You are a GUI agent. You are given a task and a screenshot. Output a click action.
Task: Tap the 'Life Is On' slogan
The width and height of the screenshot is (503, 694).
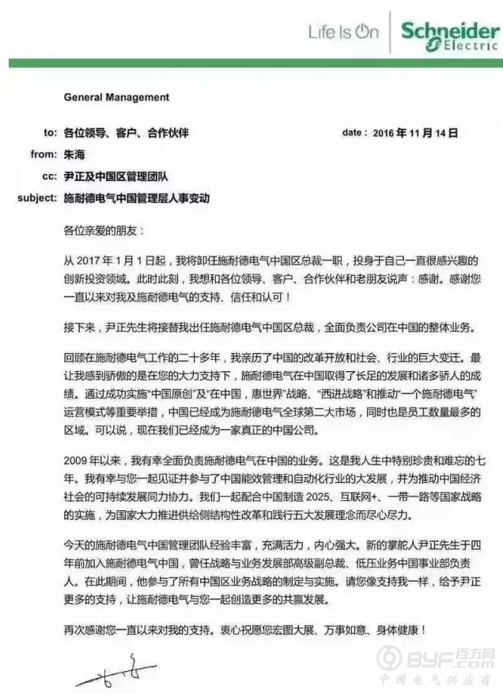[x=343, y=32]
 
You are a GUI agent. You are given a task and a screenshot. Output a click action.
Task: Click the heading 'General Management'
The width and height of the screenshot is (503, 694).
[x=116, y=97]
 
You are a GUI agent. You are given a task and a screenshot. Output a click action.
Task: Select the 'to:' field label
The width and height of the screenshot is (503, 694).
[x=50, y=134]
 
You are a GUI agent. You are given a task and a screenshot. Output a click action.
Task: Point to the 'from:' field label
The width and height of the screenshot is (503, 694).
[x=44, y=155]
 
